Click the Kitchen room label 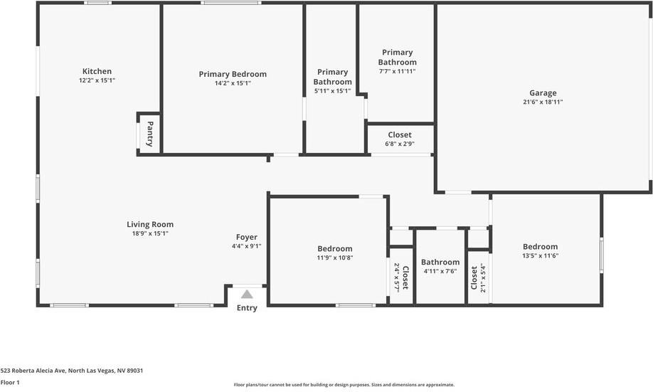(97, 71)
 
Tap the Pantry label (150, 133)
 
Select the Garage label (543, 92)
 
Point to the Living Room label (150, 224)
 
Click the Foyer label (247, 237)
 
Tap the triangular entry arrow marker (247, 294)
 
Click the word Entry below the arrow (247, 308)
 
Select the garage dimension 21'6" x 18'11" (543, 102)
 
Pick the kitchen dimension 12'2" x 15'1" (97, 81)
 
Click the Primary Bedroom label (233, 74)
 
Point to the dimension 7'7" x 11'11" (397, 71)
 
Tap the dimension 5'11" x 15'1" (332, 91)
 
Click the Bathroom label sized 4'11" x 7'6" (440, 262)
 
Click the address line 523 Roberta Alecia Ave (72, 371)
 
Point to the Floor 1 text (10, 383)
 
